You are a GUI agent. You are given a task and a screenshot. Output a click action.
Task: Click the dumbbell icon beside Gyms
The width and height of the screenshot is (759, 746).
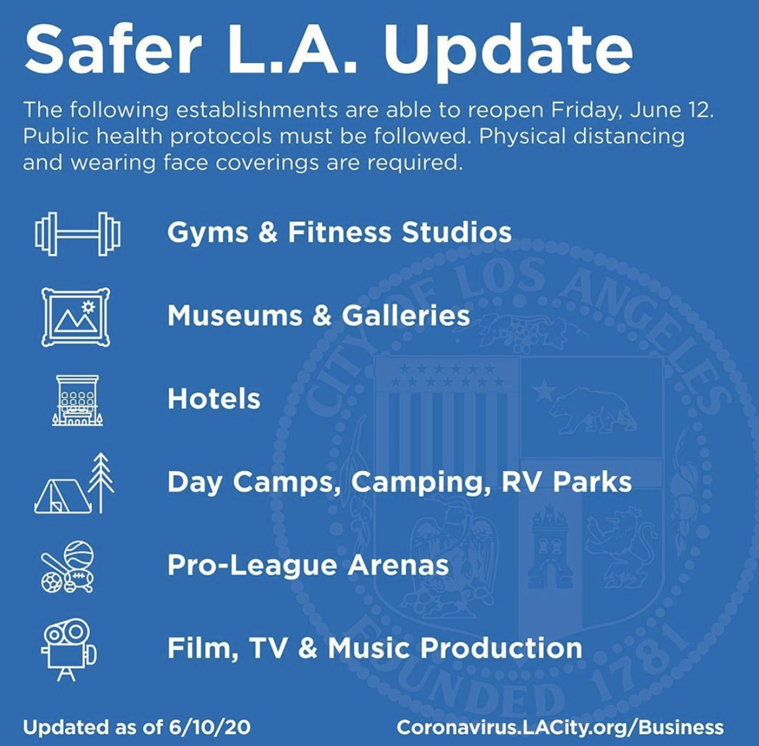78,234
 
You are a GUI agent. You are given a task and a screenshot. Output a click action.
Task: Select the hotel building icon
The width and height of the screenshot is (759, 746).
78,401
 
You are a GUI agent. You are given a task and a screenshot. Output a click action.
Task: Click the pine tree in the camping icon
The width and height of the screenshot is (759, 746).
101,483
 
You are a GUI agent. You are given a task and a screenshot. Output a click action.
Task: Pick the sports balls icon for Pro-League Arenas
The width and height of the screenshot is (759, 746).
67,567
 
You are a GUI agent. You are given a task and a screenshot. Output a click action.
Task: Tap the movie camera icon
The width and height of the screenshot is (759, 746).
69,650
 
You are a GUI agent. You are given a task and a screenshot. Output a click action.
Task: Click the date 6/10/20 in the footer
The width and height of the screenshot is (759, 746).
210,727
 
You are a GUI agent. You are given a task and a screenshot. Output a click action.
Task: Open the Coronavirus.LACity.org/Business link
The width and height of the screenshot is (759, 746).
560,728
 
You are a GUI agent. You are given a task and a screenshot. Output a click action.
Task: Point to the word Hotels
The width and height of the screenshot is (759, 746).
214,399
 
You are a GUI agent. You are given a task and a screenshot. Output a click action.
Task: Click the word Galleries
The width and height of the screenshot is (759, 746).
406,315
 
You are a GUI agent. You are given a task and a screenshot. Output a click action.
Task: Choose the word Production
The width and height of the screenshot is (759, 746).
501,648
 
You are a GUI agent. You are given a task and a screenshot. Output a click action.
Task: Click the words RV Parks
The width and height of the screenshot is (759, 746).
566,482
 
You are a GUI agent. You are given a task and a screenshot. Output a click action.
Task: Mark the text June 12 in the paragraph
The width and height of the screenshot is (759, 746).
672,110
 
